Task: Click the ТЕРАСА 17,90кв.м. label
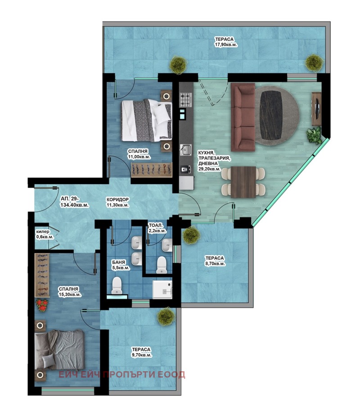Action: (x=226, y=42)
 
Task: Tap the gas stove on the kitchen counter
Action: (x=186, y=100)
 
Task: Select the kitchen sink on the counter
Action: (x=185, y=150)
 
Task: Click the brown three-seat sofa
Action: (x=243, y=117)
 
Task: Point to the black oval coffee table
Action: (x=271, y=116)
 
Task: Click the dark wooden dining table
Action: (x=243, y=182)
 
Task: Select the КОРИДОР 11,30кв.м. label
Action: (x=117, y=202)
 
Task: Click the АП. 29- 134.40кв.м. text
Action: (x=75, y=202)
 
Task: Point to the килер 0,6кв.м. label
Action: (x=45, y=234)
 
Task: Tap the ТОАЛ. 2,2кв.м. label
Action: (x=157, y=228)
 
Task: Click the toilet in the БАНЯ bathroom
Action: (x=117, y=285)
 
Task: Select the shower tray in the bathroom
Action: (x=162, y=289)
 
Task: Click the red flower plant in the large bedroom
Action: (x=42, y=305)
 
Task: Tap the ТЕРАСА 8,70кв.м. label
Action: (x=215, y=261)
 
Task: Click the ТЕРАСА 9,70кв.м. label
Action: (x=141, y=352)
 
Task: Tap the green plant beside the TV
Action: (x=314, y=135)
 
